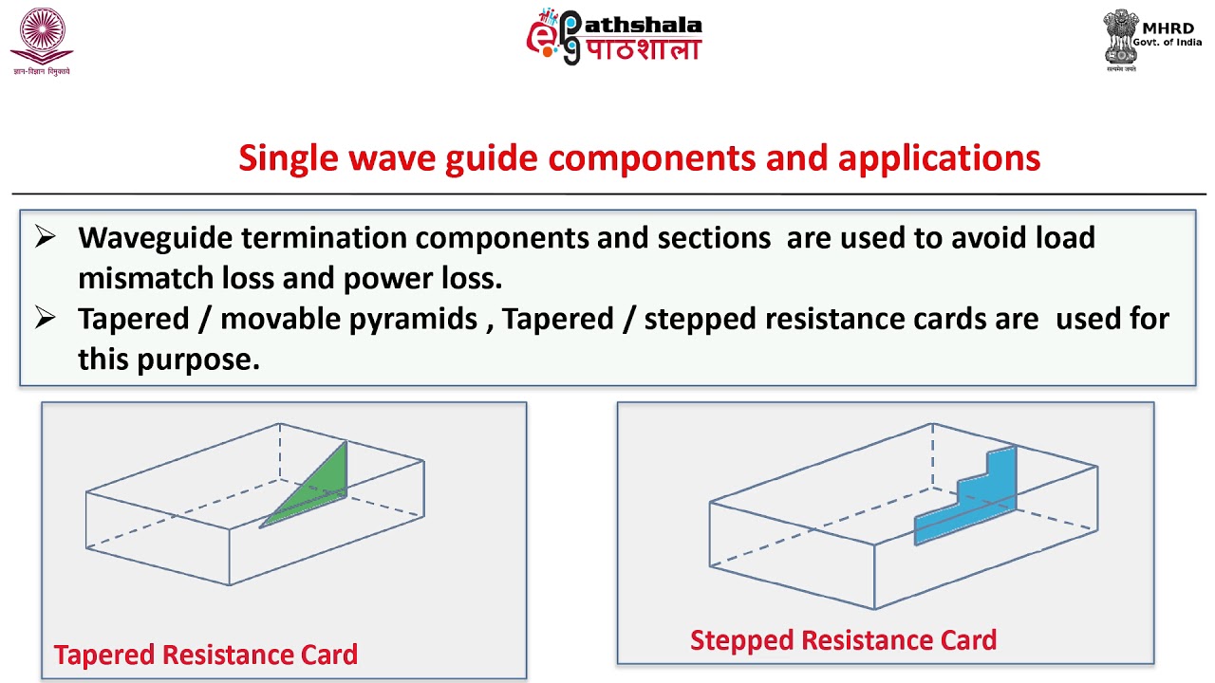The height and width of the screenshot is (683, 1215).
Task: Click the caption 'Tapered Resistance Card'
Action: (x=205, y=655)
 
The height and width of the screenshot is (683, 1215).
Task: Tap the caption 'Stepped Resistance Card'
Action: (x=843, y=640)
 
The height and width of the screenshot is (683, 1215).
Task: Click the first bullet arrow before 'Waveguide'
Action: (x=45, y=237)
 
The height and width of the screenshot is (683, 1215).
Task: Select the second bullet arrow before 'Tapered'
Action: (x=45, y=319)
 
